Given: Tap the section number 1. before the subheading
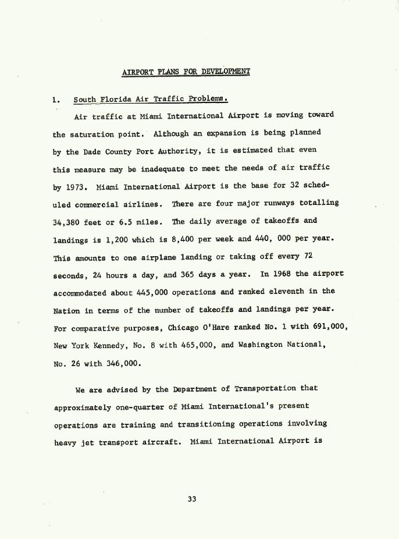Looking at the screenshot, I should (56, 100).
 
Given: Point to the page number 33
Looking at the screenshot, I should (192, 498).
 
